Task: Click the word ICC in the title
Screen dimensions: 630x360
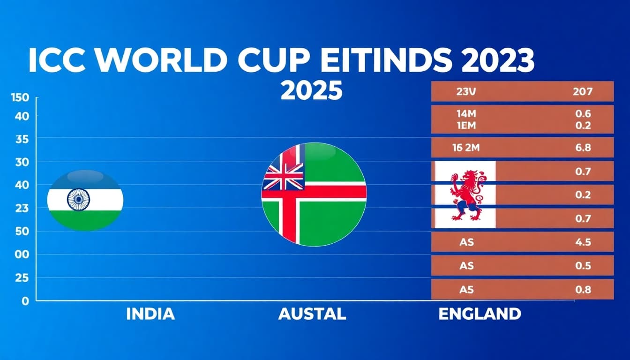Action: click(57, 61)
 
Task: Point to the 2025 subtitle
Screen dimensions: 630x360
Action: click(311, 90)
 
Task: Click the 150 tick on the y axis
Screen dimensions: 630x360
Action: click(20, 97)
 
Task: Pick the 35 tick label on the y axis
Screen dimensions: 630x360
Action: click(22, 140)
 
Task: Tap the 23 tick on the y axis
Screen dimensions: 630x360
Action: click(22, 209)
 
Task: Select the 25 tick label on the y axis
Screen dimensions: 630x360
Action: click(22, 278)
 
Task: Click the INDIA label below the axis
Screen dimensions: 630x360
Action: click(150, 314)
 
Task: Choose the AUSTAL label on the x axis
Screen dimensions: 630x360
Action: click(312, 314)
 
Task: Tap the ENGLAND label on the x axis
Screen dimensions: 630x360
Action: click(480, 314)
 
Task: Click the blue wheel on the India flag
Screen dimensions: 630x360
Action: click(78, 199)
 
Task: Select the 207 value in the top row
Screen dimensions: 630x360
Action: click(583, 91)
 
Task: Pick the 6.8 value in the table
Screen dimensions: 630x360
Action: click(583, 148)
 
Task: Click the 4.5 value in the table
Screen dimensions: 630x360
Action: click(583, 242)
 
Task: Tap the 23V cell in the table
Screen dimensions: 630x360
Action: click(466, 91)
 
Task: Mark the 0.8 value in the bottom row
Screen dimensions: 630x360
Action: click(583, 289)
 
